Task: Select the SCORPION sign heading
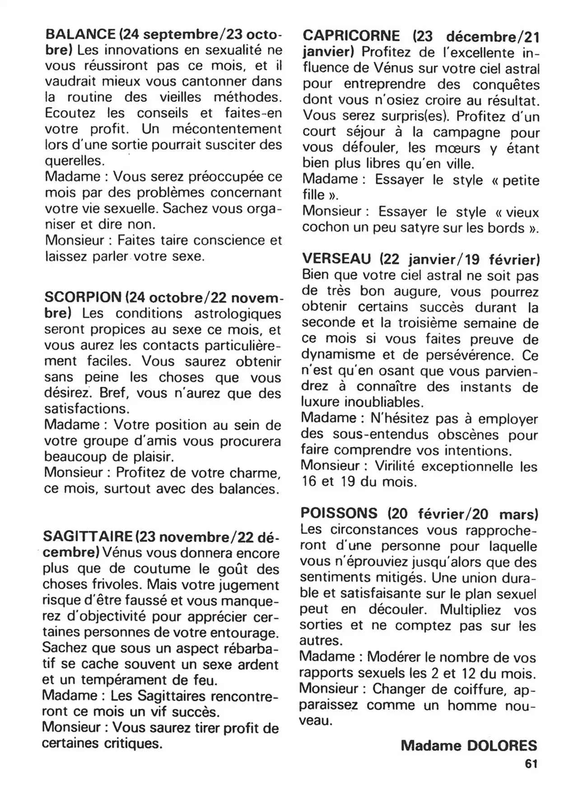point(83,297)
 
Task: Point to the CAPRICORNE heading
point(351,36)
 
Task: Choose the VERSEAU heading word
point(336,259)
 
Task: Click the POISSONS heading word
point(339,513)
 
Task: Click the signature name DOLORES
point(502,745)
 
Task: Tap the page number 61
point(531,764)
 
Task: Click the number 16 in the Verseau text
point(309,482)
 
